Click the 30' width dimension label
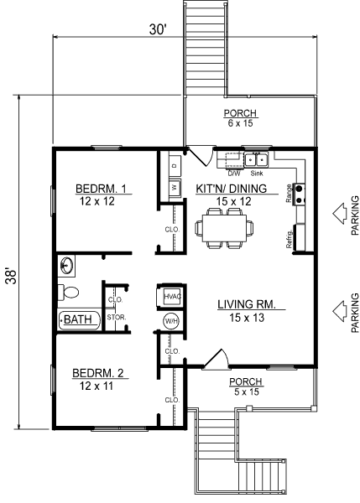[x=159, y=29]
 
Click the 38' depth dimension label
[x=12, y=276]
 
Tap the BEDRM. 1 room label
[x=101, y=189]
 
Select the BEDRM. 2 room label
[x=97, y=373]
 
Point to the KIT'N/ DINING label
[x=232, y=189]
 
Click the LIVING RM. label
[x=247, y=304]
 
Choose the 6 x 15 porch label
[x=241, y=123]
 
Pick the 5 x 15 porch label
[x=247, y=392]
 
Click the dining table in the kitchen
[x=224, y=228]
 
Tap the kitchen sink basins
[x=256, y=160]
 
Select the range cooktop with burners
[x=300, y=194]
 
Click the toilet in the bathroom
[x=68, y=293]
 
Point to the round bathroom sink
[x=66, y=266]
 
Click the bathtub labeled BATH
[x=80, y=319]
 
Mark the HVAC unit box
[x=170, y=297]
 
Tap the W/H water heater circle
[x=171, y=321]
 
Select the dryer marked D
[x=175, y=165]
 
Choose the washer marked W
[x=175, y=187]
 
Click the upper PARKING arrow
[x=340, y=213]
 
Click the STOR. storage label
[x=117, y=318]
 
